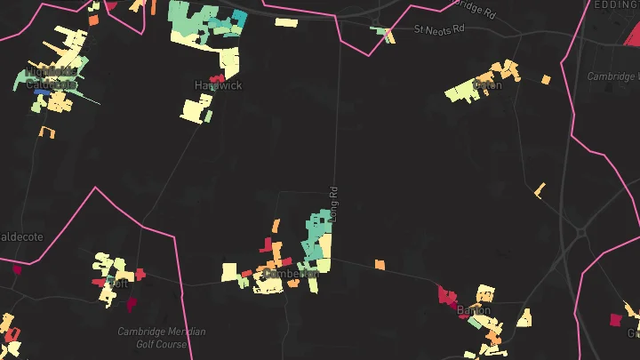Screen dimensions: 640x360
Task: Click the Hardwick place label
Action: (212, 85)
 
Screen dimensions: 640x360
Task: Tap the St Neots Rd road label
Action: (439, 29)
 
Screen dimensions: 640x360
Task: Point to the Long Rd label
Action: (334, 203)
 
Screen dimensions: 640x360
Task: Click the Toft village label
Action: (117, 283)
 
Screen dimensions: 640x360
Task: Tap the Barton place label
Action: (474, 310)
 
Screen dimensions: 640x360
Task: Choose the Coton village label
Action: (487, 85)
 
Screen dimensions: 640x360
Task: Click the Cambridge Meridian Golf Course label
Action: (161, 338)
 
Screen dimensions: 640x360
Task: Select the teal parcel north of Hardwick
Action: (238, 20)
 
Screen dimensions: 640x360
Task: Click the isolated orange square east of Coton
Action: (546, 80)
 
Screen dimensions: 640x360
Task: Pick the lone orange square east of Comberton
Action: (380, 264)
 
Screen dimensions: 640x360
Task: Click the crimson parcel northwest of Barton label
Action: (446, 294)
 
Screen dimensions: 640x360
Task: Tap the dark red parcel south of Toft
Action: (132, 304)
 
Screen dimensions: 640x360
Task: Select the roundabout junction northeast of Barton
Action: (580, 233)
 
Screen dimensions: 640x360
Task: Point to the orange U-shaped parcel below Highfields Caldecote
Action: (47, 132)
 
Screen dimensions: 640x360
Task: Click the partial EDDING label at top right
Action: (616, 5)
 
